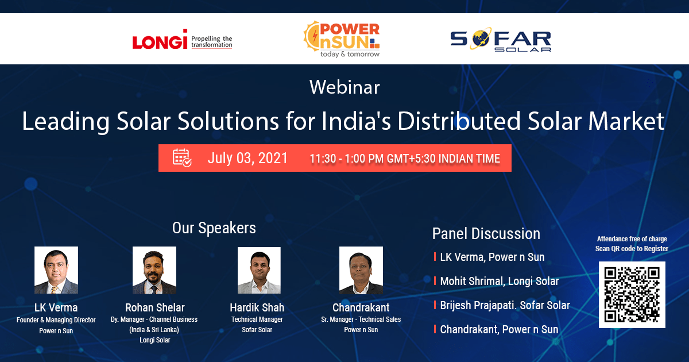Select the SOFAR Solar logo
click(501, 41)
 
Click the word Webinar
click(344, 87)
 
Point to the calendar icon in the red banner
click(182, 157)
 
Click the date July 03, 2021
click(247, 158)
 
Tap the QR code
click(632, 295)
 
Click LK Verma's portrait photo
click(56, 270)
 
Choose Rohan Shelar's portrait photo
click(154, 270)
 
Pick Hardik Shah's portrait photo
click(259, 270)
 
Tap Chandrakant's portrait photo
click(361, 270)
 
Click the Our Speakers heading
click(214, 228)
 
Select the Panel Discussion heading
click(486, 234)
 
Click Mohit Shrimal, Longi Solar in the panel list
click(499, 281)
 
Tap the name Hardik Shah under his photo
click(257, 307)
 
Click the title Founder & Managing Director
click(56, 320)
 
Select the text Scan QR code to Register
click(632, 249)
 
